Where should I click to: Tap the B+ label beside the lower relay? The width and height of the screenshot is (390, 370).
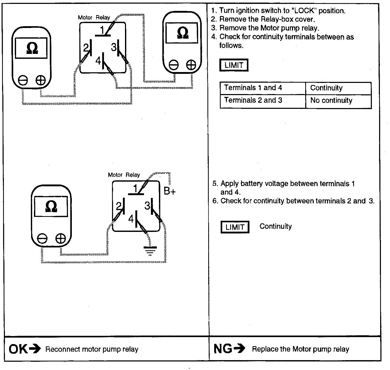tap(170, 191)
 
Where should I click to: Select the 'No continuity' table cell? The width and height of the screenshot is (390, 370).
tap(331, 101)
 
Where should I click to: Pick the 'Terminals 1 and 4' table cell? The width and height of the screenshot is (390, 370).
tap(253, 88)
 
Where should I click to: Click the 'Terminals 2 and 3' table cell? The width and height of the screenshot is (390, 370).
tap(253, 100)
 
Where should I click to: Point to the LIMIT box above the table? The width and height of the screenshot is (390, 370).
tap(234, 65)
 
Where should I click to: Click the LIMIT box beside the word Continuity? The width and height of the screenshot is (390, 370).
tap(235, 227)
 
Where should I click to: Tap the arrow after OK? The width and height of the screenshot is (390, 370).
tap(35, 349)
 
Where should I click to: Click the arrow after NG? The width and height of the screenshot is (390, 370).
tap(239, 349)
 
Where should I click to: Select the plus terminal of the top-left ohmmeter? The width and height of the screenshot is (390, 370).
tap(40, 81)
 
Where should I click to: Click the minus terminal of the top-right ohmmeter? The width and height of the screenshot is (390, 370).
tap(173, 65)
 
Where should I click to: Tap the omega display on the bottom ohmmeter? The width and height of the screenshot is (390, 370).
tap(51, 207)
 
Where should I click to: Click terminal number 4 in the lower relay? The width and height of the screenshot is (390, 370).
tap(131, 219)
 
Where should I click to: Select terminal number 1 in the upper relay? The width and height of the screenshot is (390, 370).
tap(102, 31)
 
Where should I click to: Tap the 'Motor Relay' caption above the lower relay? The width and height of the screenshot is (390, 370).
tap(124, 175)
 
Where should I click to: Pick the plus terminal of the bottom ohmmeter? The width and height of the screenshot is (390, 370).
tap(61, 238)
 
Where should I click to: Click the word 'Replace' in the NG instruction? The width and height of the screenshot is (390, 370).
tap(264, 349)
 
